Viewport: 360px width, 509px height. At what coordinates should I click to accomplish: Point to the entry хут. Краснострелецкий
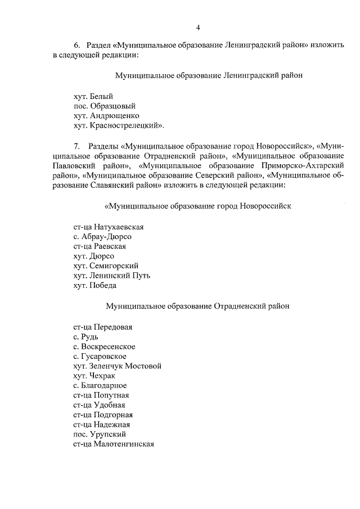tap(119, 125)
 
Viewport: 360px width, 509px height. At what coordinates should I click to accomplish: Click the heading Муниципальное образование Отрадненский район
tap(197, 306)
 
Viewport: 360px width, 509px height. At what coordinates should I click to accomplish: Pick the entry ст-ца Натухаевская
tap(109, 227)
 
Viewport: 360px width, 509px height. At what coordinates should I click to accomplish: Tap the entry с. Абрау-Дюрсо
tap(102, 236)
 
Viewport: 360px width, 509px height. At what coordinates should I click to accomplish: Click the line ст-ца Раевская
tap(100, 246)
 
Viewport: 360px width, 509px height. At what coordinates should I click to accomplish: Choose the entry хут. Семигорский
tap(106, 265)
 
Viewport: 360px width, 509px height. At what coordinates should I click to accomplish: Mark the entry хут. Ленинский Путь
tap(111, 276)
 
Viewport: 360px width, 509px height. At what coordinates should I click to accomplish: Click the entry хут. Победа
tap(94, 285)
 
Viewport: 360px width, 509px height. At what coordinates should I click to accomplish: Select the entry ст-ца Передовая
tap(103, 326)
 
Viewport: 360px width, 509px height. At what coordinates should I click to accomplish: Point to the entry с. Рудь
tap(86, 336)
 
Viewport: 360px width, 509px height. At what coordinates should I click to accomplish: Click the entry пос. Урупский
tap(100, 434)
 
